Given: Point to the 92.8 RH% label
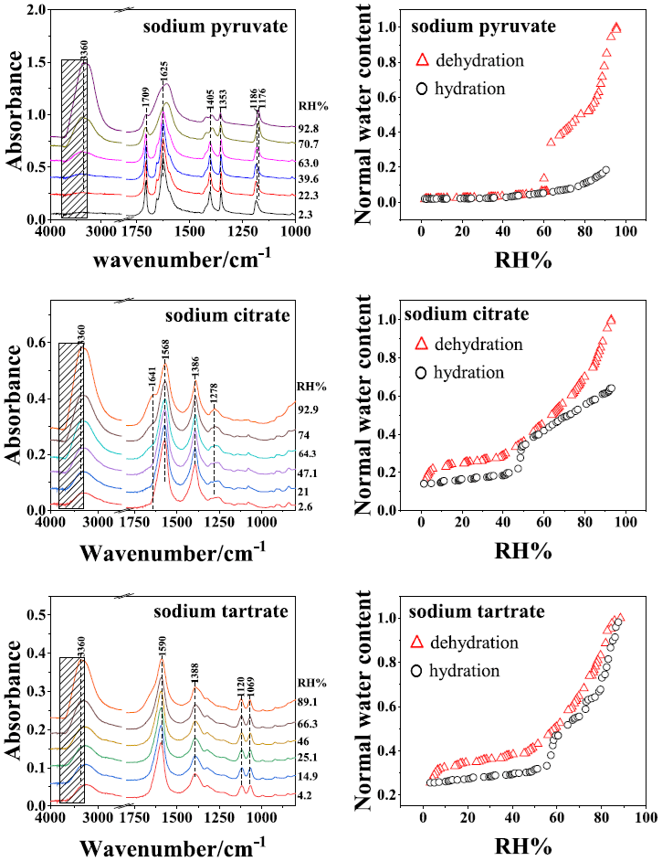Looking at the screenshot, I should click(308, 129).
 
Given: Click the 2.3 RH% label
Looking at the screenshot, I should click(308, 213).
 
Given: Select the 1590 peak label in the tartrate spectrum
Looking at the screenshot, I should click(162, 650).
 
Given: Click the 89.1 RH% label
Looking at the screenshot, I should click(308, 702).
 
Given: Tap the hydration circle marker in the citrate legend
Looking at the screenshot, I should click(422, 373).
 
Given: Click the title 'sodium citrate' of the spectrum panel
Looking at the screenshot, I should click(214, 317).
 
